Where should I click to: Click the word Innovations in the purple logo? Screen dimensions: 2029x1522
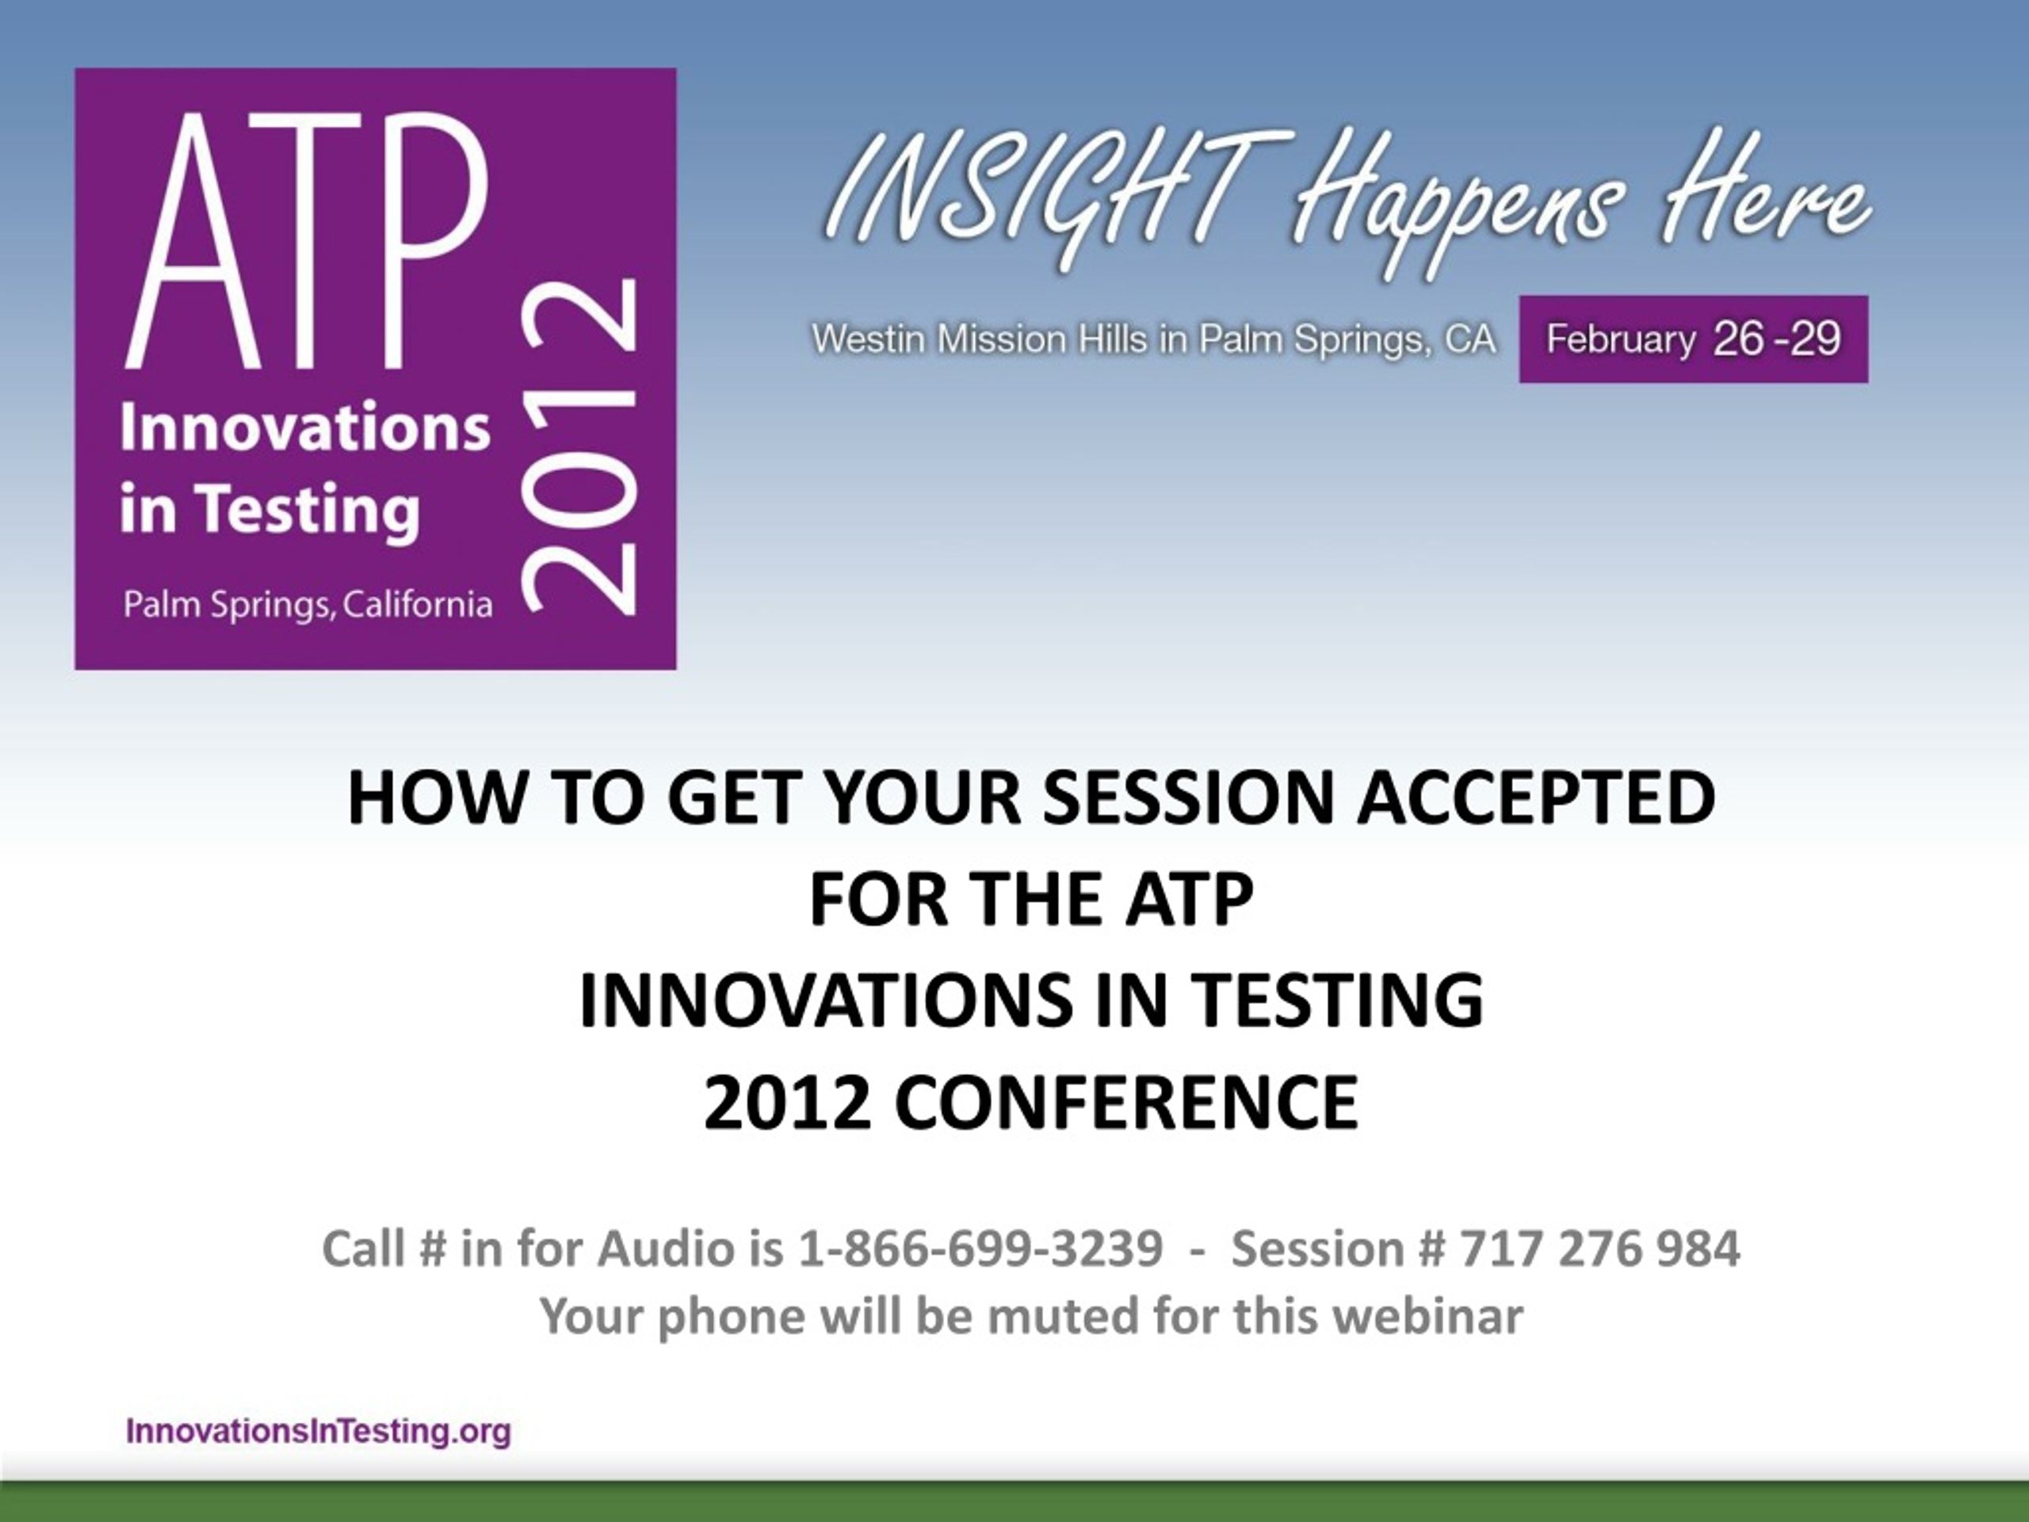[x=305, y=426]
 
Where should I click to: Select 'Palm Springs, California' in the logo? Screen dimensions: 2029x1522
[x=308, y=605]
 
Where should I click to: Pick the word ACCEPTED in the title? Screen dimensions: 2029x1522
[x=1538, y=797]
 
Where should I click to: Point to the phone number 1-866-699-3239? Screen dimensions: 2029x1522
[x=980, y=1249]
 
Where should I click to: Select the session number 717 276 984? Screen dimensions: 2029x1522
[x=1599, y=1249]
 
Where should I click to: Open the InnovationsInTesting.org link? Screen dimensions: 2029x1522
[x=319, y=1431]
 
